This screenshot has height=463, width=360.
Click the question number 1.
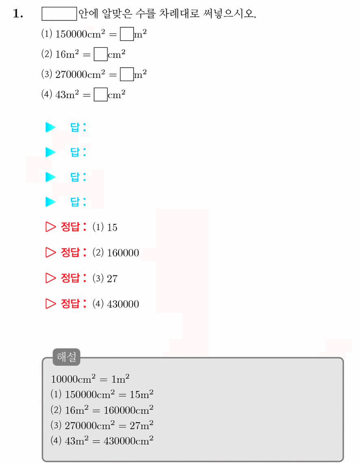[18, 13]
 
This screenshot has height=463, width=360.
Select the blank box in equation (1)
[127, 34]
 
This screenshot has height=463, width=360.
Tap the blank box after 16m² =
[101, 54]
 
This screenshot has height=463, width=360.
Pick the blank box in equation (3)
[127, 75]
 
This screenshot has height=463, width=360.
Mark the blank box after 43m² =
[101, 95]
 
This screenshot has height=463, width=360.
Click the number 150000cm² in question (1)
[80, 34]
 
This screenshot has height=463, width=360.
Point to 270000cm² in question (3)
[80, 74]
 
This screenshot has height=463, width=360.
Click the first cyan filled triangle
[50, 127]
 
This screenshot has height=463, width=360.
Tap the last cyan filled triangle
[50, 202]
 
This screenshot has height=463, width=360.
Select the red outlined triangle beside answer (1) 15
[50, 227]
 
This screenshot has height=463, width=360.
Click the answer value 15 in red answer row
[112, 227]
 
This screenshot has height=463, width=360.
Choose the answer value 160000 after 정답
[123, 253]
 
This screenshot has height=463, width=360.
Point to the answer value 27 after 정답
[112, 278]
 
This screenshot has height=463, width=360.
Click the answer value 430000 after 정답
[123, 304]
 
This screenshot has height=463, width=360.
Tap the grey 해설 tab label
[66, 357]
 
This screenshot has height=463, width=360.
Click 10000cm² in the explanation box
[73, 379]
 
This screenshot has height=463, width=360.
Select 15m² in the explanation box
[142, 394]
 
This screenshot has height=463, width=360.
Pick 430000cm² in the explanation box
[128, 441]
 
